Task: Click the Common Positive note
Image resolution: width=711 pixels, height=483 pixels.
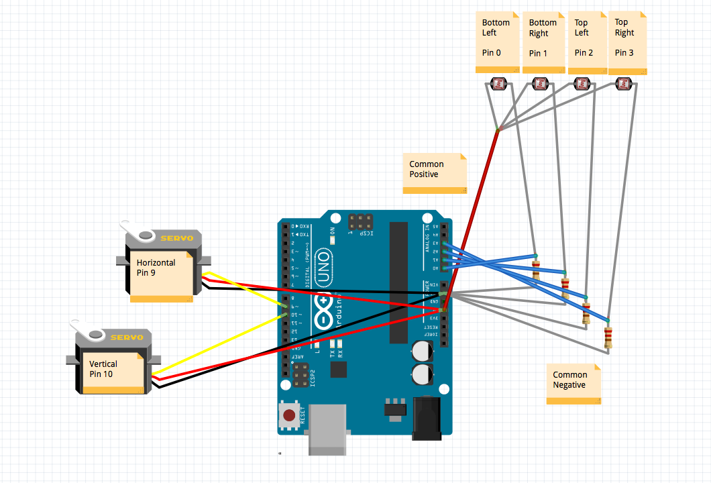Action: tap(434, 173)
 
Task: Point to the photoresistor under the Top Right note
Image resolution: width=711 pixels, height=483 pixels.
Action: tap(624, 85)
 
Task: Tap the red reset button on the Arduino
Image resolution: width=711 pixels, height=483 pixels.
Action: tap(289, 415)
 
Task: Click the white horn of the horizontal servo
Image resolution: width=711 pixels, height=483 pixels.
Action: tap(138, 232)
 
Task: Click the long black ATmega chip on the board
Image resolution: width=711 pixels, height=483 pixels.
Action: tap(398, 282)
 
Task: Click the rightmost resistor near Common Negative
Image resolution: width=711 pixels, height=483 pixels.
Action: tap(608, 335)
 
